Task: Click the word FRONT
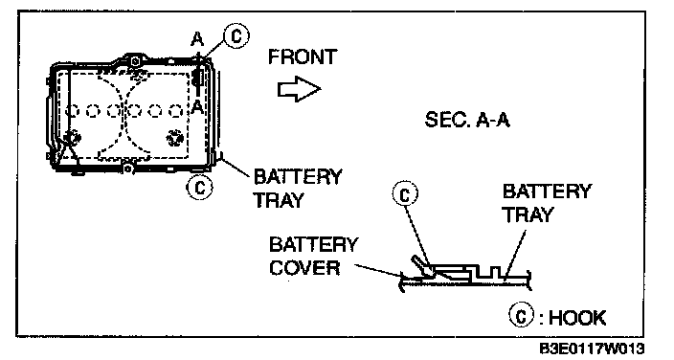coord(303,56)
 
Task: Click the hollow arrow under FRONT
coord(299,89)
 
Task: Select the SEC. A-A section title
coord(467,120)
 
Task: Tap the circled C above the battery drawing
coord(236,35)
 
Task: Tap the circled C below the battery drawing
coord(199,188)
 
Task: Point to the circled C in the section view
coord(405,194)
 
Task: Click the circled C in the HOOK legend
coord(522,316)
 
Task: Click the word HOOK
coord(577,318)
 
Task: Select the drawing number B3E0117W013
coord(592,349)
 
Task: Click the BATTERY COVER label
coord(313,256)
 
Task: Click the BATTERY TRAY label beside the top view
coord(298,189)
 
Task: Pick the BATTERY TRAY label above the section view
coord(547,203)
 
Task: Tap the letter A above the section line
coord(197,39)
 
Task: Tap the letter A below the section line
coord(197,106)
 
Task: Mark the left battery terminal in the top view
coord(72,138)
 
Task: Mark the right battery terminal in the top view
coord(175,138)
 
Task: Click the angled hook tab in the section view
coord(421,266)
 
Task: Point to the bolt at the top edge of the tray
coord(135,61)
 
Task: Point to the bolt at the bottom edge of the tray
coord(127,169)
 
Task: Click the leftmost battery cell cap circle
coord(72,111)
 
